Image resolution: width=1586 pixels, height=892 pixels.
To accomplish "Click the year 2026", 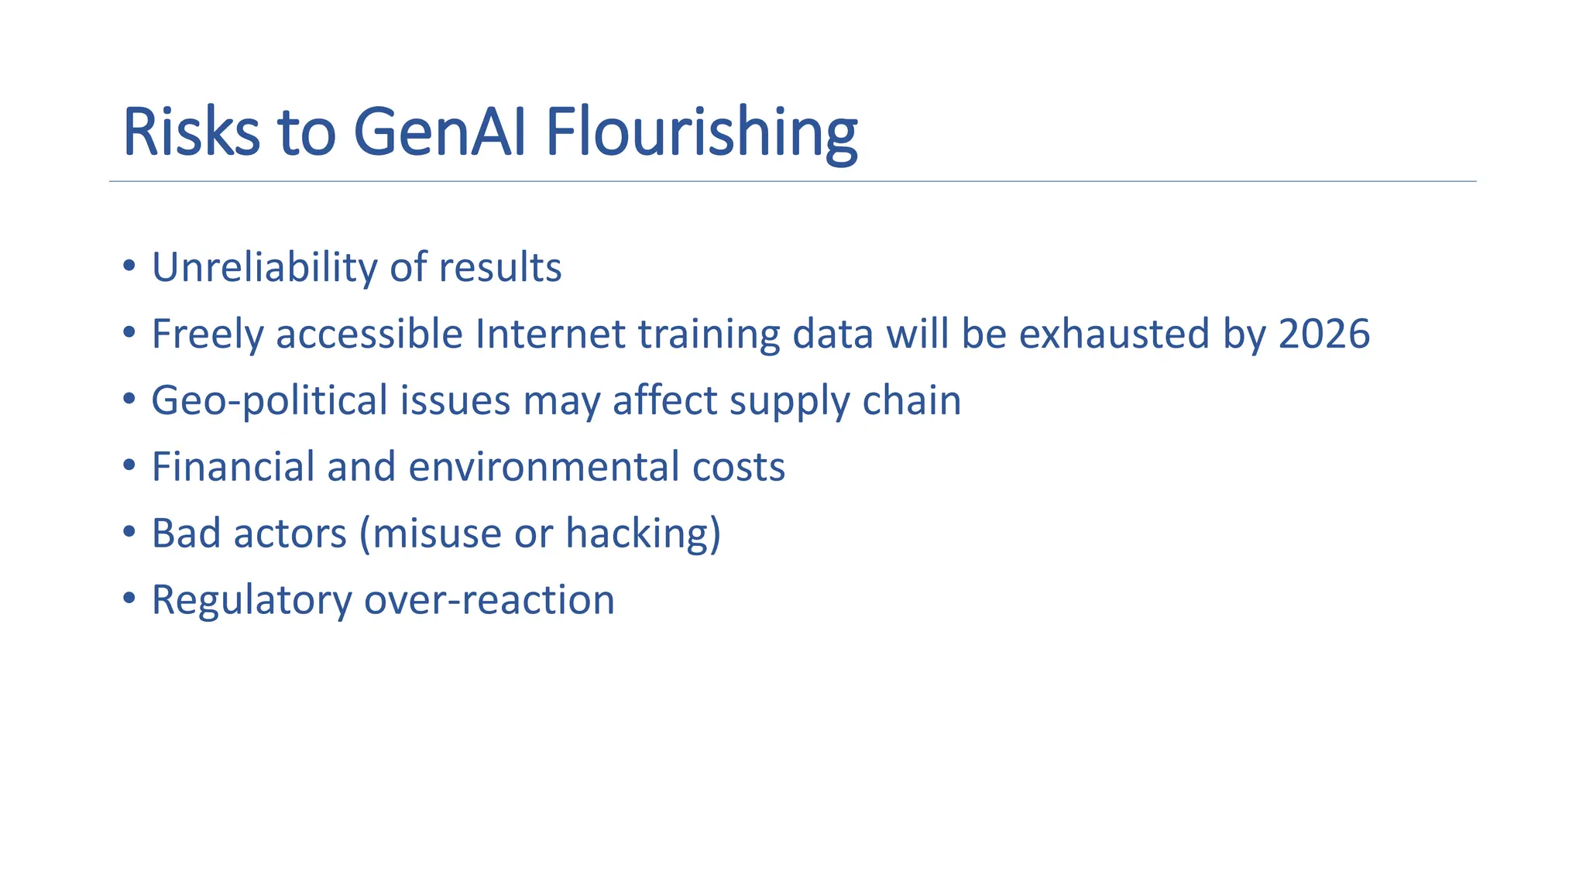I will pyautogui.click(x=1323, y=334).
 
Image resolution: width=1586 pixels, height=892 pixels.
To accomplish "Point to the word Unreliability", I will pyautogui.click(x=264, y=268).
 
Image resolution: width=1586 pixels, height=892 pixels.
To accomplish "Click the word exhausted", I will pyautogui.click(x=1114, y=334).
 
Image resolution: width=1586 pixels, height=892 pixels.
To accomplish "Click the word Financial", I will pyautogui.click(x=233, y=467).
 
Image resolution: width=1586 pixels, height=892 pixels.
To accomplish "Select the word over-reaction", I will pyautogui.click(x=489, y=600).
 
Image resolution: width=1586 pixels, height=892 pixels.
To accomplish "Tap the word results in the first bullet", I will pyautogui.click(x=499, y=268).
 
